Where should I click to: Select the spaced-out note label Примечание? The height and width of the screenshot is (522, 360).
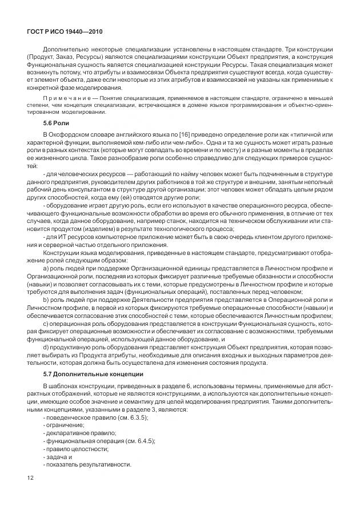65,99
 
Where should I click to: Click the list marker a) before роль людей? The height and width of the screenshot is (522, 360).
46,266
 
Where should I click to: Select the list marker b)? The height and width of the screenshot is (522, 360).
46,298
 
